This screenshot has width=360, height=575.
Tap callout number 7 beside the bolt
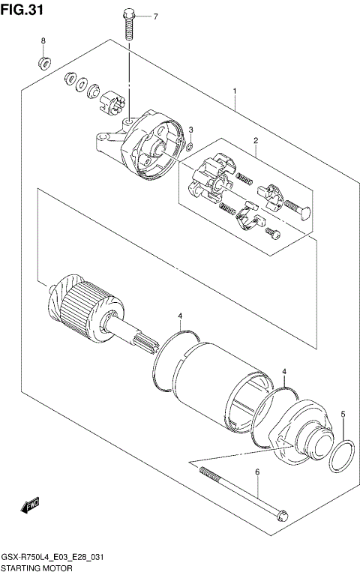[x=155, y=16]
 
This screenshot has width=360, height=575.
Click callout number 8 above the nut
[x=43, y=40]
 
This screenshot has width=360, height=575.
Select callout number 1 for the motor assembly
[x=235, y=92]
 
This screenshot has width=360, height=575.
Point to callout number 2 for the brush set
[x=255, y=141]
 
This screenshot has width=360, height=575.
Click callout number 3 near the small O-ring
[x=191, y=130]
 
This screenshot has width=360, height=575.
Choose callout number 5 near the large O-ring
[x=343, y=414]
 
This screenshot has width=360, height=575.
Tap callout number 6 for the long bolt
[x=257, y=472]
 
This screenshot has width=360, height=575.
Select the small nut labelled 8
[x=43, y=61]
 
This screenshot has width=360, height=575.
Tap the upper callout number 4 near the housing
[x=181, y=316]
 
